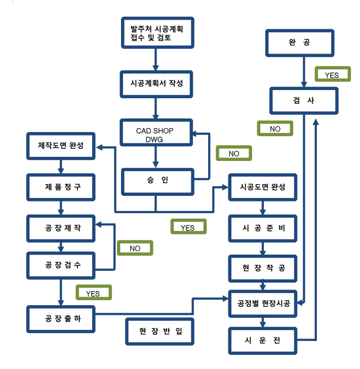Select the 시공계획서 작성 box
click(157, 84)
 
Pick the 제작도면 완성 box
click(61, 147)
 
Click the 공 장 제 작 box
click(61, 228)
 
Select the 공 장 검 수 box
click(61, 265)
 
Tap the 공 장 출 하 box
click(61, 319)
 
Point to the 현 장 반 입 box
click(161, 332)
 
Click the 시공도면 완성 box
click(262, 187)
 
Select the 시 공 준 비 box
click(262, 228)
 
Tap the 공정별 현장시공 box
click(262, 304)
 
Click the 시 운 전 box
click(262, 340)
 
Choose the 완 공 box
click(300, 44)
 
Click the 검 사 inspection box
click(303, 101)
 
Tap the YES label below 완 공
click(332, 75)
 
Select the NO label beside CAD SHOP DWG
click(233, 153)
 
